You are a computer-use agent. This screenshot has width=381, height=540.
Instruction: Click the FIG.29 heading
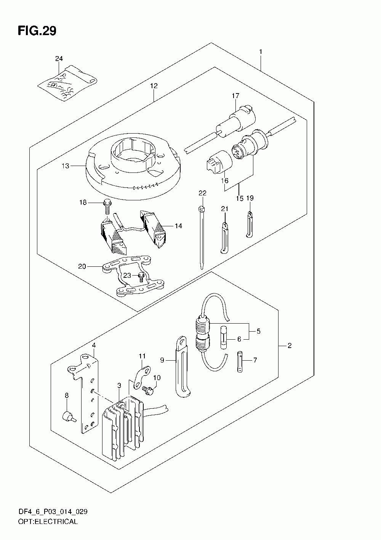point(37,31)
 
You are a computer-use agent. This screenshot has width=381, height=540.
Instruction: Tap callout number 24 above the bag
point(59,59)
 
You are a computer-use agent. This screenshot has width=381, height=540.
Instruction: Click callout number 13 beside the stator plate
point(65,166)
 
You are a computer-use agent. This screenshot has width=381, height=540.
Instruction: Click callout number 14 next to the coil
point(178,226)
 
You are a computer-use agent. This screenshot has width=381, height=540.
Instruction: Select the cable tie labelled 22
point(202,237)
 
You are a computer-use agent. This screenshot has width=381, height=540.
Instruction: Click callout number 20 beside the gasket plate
point(82,266)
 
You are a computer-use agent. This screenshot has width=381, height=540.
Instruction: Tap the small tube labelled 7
point(240,361)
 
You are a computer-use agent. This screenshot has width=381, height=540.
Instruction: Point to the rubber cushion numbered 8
point(68,415)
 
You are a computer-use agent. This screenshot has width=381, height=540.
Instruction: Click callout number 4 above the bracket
point(94,345)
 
